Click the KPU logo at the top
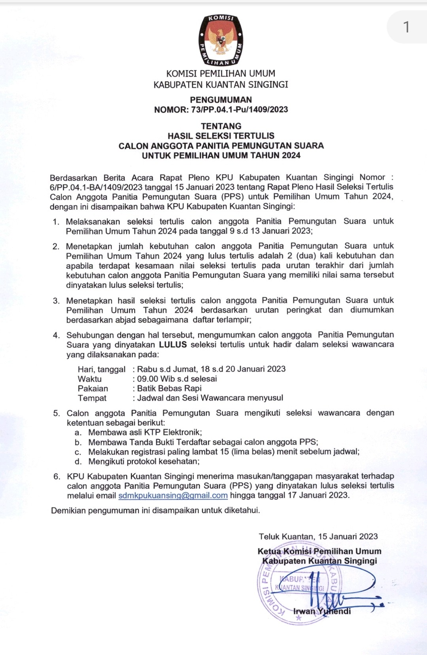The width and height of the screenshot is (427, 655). (x=221, y=40)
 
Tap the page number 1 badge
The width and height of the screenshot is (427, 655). (x=406, y=27)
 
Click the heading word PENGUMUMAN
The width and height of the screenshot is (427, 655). (x=221, y=100)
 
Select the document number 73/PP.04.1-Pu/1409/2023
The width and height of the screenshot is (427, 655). (x=239, y=110)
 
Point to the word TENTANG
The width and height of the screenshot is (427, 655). (x=221, y=126)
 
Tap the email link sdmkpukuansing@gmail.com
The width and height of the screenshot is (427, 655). (x=173, y=496)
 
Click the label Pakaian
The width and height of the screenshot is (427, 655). (x=93, y=388)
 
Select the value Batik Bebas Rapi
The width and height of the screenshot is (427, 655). (x=169, y=388)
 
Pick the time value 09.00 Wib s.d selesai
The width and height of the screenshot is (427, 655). (x=177, y=379)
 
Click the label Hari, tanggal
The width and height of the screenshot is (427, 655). (x=102, y=369)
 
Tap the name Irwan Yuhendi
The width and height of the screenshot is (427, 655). (x=322, y=611)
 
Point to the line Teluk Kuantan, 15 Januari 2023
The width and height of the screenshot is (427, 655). (x=318, y=536)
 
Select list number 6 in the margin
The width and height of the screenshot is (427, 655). (x=57, y=476)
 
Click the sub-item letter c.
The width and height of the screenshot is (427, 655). (x=78, y=452)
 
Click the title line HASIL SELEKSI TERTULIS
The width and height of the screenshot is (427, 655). (x=221, y=136)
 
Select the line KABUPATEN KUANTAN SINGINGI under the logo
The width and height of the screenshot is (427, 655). (x=221, y=85)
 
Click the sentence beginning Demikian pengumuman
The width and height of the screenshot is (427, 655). (x=155, y=510)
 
